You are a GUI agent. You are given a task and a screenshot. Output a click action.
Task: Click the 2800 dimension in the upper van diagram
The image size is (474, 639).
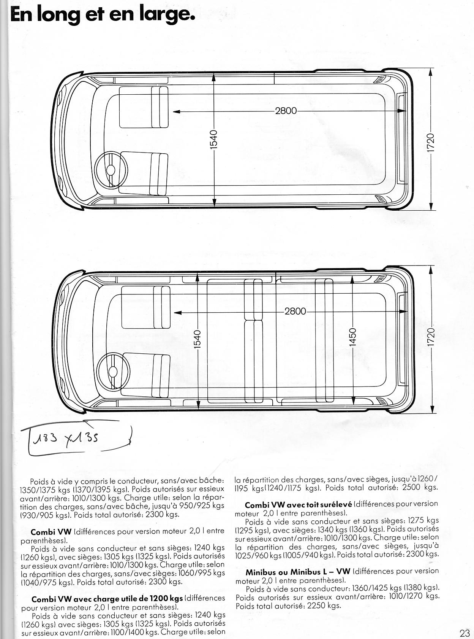pos(286,111)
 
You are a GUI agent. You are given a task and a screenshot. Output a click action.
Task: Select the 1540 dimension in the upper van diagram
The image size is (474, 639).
pos(213,140)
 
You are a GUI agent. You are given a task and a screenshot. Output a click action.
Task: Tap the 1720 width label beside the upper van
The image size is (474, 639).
pos(430,143)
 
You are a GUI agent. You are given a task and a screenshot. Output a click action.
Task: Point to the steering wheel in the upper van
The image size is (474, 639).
pos(111,170)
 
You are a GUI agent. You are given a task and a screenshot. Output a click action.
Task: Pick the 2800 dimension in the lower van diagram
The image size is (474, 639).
pos(295,311)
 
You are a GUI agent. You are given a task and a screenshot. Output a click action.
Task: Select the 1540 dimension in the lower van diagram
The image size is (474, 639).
pos(197,339)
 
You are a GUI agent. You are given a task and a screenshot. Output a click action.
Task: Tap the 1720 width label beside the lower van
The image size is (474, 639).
pos(431,337)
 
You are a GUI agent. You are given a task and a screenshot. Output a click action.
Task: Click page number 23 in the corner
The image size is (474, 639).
pos(465,633)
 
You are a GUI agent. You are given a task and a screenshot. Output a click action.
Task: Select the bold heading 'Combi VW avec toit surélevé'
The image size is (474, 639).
pos(299,505)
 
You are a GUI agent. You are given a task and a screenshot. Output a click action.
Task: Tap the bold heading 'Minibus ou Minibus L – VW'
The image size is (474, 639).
pos(298,572)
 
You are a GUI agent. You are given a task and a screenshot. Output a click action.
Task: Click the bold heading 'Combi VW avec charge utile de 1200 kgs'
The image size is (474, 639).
pos(107,599)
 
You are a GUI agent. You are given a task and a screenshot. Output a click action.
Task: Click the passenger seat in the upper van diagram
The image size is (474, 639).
pos(144,107)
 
